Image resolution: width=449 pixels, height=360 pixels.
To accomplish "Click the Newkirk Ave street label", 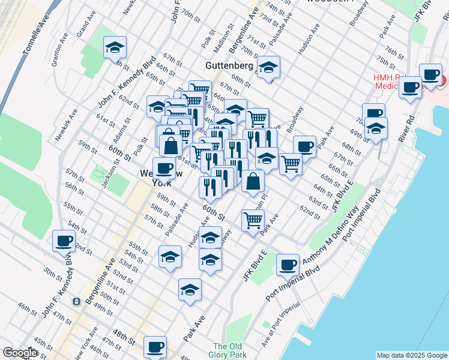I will (67, 125).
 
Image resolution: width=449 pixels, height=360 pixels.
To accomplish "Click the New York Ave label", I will (84, 344).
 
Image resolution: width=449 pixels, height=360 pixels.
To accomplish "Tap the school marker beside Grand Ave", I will (115, 47).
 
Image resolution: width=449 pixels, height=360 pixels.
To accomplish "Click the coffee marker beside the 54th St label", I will (64, 241).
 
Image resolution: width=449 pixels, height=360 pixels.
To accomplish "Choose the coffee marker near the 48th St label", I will (155, 346).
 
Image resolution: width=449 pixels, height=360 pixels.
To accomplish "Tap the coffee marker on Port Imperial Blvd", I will (288, 263).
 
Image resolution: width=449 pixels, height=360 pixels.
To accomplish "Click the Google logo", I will (20, 353).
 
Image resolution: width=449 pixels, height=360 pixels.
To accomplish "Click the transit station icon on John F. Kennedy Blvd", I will (76, 301).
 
